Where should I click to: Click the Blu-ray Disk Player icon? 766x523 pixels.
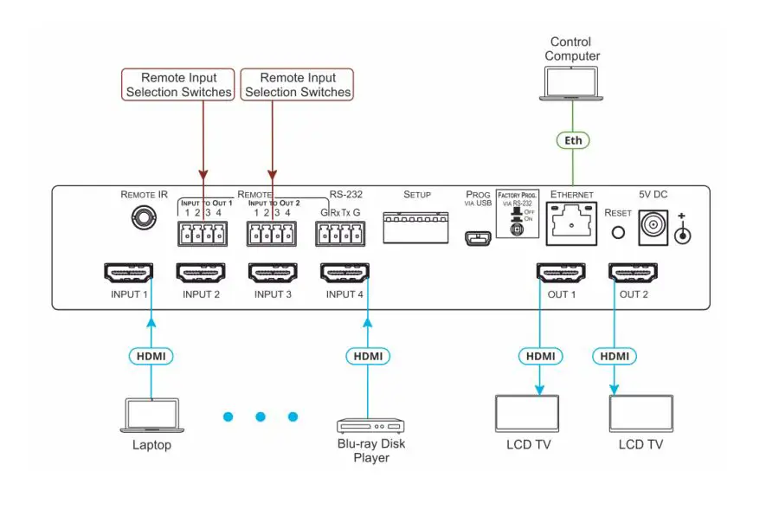(x=370, y=425)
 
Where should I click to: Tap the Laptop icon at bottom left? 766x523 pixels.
(x=152, y=416)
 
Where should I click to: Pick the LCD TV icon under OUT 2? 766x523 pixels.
(x=640, y=413)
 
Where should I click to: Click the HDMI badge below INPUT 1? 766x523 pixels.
(x=152, y=355)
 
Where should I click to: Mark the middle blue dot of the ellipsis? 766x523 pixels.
(x=260, y=417)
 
